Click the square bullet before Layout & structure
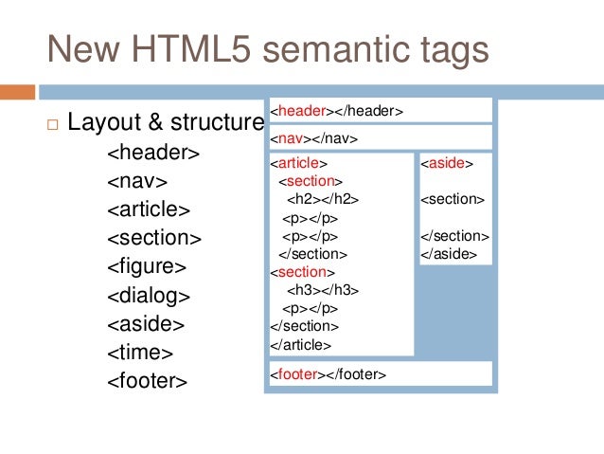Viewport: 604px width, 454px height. point(52,123)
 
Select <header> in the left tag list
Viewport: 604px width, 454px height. point(152,152)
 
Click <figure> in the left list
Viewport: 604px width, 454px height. point(147,265)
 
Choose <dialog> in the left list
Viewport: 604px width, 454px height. point(149,295)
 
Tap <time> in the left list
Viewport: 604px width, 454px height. point(140,353)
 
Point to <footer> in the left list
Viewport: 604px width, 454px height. point(148,381)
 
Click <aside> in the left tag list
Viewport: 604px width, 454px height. point(146,323)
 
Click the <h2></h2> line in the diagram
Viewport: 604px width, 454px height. point(323,200)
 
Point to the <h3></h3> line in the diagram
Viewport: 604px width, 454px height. point(323,290)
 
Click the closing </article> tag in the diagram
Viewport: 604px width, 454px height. point(300,344)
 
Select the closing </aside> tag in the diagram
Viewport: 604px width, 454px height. point(448,254)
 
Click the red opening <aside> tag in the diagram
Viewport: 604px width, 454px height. point(447,164)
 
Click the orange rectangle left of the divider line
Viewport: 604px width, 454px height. point(17,92)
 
